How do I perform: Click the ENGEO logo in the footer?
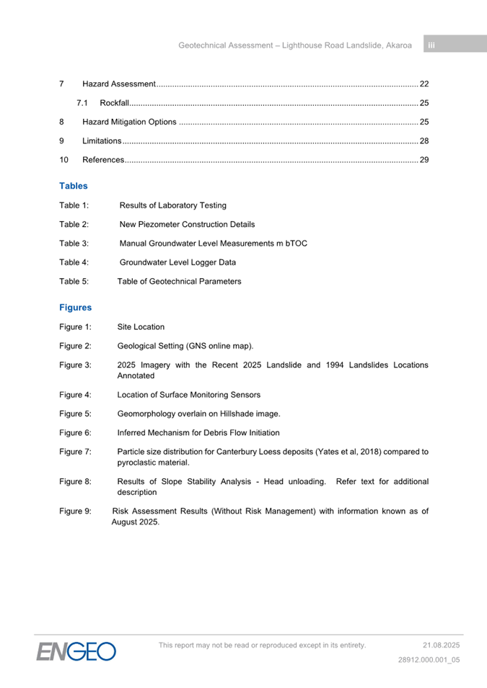76,651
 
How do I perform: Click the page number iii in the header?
431,45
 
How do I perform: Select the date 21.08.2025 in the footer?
441,645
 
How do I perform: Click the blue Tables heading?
74,186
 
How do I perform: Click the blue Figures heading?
76,308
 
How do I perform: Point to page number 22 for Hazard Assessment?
424,84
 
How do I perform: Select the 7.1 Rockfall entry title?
114,103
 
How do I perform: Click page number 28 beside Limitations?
424,140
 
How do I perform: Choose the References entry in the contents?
103,159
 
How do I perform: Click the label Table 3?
74,244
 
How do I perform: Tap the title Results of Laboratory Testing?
172,205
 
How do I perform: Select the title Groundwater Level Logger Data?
177,262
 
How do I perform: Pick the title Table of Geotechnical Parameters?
179,281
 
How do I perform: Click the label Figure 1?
75,327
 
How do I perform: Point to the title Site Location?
141,327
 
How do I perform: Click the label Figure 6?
75,433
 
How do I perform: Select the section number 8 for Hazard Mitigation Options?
62,122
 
